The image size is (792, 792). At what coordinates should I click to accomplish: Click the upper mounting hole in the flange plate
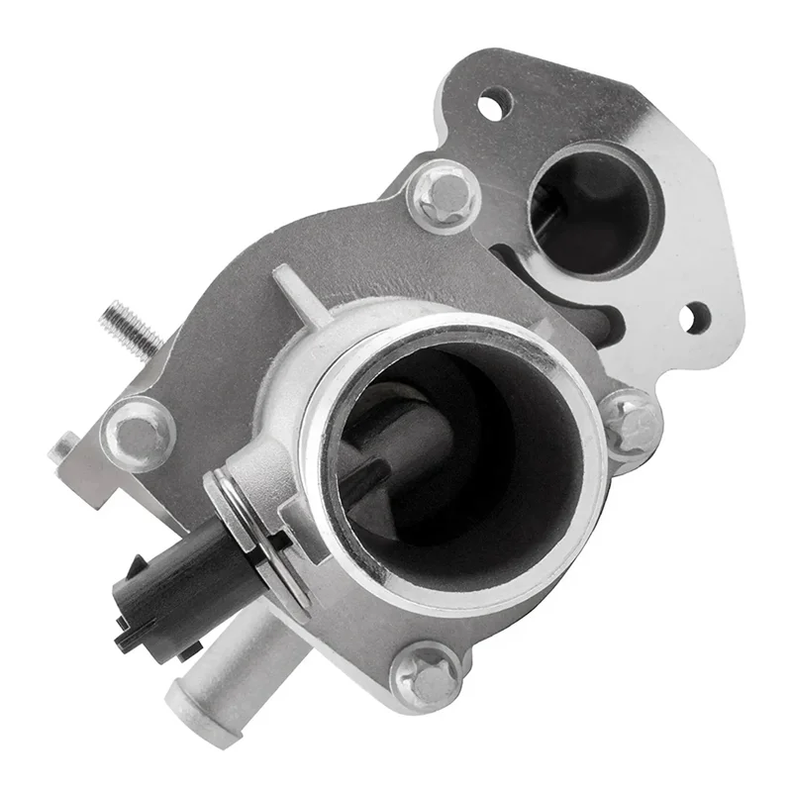coord(491,104)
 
